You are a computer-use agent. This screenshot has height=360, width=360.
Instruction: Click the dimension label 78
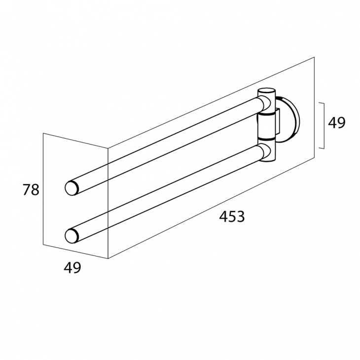pos(31,190)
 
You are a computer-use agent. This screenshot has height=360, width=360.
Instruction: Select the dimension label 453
pos(232,216)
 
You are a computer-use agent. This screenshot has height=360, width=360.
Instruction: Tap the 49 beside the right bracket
pos(337,123)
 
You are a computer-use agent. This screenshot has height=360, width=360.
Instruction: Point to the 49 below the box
pos(72,268)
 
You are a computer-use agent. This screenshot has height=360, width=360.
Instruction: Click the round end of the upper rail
pos(72,188)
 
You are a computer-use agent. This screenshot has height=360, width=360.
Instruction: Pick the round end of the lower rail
pos(72,236)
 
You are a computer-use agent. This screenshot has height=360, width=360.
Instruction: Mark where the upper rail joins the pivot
pos(264,105)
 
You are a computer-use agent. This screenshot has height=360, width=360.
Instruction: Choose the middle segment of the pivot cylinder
pos(266,126)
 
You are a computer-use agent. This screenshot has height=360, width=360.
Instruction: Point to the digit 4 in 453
pos(224,216)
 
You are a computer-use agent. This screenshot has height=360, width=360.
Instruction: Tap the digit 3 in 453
pos(241,216)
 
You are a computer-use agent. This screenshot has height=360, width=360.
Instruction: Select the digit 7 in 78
pos(27,190)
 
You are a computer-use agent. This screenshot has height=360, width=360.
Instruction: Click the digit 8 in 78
pos(36,190)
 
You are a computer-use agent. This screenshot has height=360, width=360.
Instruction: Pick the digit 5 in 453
pos(233,217)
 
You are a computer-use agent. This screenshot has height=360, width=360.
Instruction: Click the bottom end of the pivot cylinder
pos(266,161)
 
